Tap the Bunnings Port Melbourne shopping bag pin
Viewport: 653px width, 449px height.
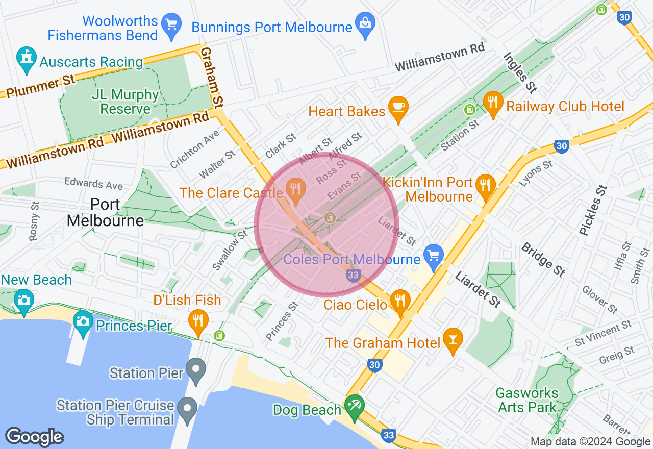(366, 23)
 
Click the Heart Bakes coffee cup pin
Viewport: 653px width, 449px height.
(398, 107)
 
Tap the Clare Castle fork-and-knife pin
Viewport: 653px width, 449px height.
(295, 189)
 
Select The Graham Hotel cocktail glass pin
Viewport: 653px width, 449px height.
(452, 339)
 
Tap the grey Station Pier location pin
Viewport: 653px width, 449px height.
(195, 370)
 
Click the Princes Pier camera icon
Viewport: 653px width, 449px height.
(82, 322)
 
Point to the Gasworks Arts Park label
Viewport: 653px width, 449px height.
(527, 401)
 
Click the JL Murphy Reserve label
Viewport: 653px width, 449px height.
(125, 102)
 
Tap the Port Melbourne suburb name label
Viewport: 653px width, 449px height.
(105, 213)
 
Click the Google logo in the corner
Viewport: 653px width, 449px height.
(34, 437)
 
